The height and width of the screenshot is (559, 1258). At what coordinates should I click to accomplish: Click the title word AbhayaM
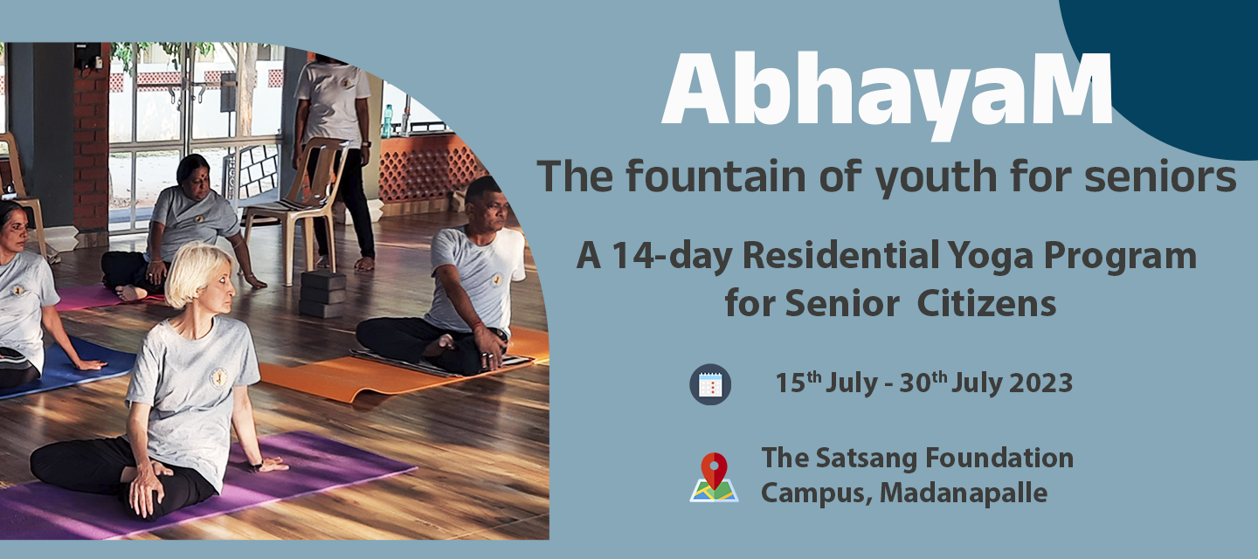[887, 93]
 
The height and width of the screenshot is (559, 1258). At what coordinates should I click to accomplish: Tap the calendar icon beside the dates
[710, 384]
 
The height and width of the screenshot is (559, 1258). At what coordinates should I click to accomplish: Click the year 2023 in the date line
[1040, 383]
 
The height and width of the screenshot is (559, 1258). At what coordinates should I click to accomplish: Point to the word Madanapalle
[963, 493]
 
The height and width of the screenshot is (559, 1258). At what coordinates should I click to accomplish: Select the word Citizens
[986, 304]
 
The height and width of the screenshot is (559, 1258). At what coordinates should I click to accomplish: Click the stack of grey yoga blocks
[322, 294]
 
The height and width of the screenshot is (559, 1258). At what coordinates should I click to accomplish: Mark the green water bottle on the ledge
[387, 121]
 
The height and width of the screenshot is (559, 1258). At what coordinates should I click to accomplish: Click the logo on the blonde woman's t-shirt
[218, 378]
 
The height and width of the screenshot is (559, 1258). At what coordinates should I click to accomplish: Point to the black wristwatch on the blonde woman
[256, 465]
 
